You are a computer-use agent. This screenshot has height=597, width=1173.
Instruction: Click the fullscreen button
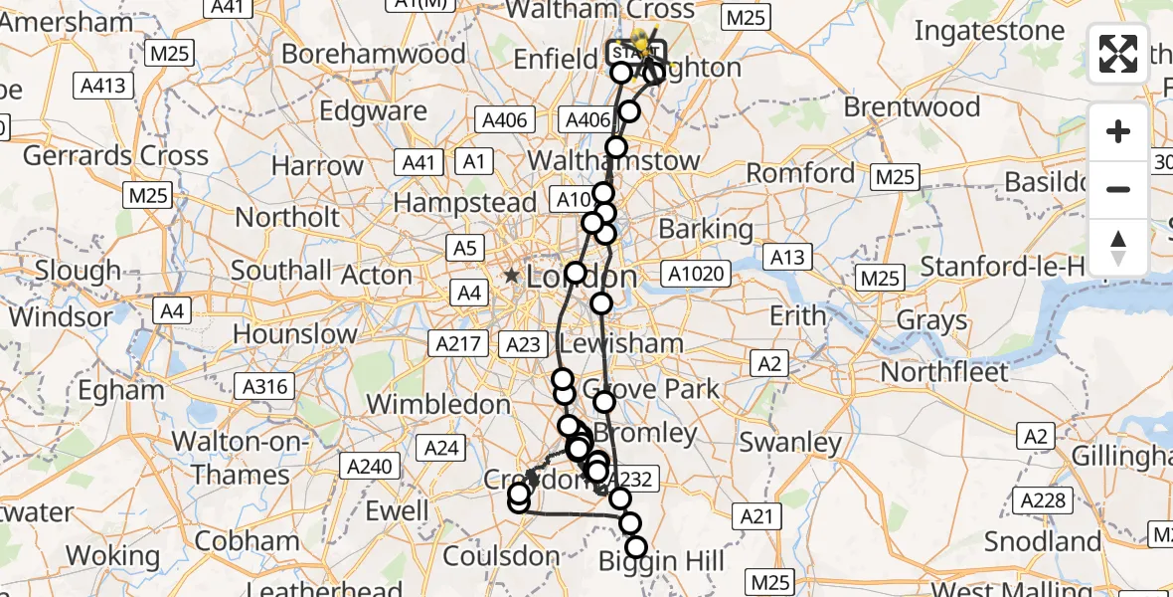pos(1118,54)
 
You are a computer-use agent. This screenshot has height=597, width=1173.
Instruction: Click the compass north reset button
pos(1118,246)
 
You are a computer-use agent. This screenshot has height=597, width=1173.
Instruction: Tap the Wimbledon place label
pos(438,404)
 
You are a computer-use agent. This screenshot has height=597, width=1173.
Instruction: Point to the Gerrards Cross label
pos(115,155)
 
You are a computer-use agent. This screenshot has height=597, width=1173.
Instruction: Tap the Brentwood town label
pos(912,106)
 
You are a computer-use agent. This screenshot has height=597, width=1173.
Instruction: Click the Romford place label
pos(800,173)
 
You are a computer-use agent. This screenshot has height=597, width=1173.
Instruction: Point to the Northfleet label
pos(944,372)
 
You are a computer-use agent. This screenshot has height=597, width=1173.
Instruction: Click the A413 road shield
pos(103,86)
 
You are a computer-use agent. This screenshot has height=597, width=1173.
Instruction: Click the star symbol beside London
pos(512,276)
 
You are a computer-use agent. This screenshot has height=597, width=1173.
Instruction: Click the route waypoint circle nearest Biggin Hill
pos(635,546)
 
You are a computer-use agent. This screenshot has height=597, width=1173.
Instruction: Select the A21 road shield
pos(756,514)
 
